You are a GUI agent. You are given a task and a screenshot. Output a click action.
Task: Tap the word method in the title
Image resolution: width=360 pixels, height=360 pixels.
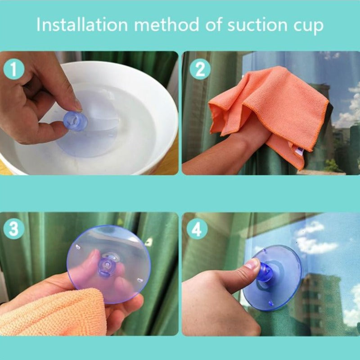166,25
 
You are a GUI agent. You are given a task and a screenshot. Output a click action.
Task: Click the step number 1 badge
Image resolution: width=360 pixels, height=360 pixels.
14,69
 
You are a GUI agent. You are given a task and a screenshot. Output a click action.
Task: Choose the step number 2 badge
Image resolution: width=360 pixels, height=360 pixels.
200,69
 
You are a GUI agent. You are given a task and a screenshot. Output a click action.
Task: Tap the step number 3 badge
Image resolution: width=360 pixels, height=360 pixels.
14,229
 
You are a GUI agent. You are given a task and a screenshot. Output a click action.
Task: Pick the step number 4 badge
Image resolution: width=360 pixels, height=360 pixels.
197,229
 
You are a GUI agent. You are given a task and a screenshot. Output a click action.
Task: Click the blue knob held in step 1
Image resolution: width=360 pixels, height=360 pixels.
76,121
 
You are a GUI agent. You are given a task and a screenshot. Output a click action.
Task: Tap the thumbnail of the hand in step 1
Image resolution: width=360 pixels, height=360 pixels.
77,104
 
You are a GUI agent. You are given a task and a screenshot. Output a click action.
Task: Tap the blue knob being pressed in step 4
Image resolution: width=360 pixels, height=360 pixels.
265,273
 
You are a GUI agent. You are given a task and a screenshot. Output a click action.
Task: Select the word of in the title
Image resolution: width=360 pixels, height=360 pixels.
213,25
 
